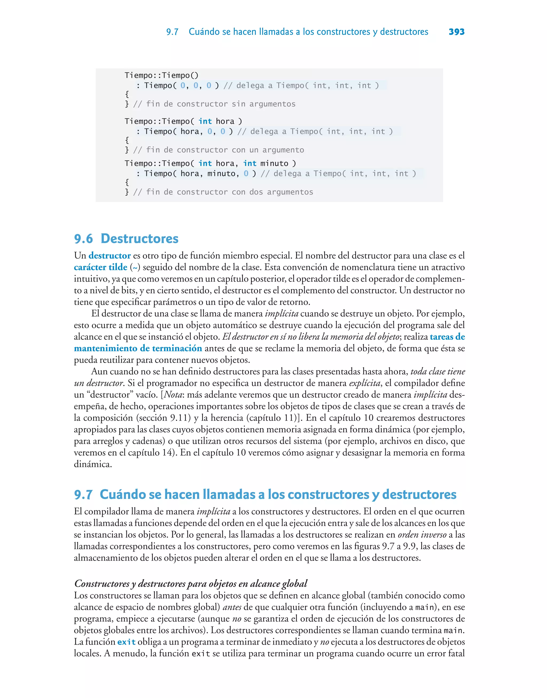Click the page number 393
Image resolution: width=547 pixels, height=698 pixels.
[456, 32]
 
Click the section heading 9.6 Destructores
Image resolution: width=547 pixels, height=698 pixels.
[126, 239]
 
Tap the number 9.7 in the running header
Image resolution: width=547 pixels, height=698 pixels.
[172, 32]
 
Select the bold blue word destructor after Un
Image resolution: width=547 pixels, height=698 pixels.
[110, 256]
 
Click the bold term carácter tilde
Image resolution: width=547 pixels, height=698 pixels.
[101, 267]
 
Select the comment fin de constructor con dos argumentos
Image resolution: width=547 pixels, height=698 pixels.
[223, 192]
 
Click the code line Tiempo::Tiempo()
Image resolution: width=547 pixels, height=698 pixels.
[161, 75]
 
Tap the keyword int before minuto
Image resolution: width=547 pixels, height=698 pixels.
[250, 163]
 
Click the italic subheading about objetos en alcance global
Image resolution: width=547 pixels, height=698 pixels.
[190, 583]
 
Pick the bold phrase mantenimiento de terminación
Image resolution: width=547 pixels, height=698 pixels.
[138, 348]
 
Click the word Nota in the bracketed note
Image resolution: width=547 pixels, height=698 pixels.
[173, 395]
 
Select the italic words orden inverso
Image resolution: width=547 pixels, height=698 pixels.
[422, 535]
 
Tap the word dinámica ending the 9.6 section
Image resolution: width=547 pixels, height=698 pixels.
[93, 464]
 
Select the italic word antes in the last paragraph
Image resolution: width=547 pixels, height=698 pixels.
[232, 607]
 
